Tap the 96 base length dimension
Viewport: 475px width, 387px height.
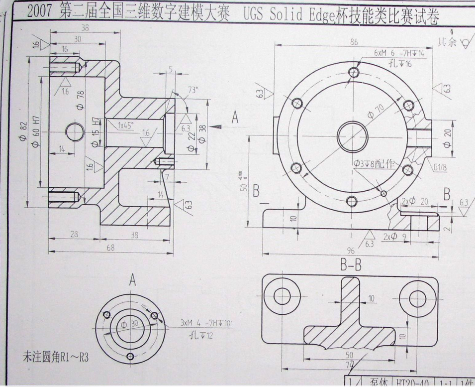point(353,250)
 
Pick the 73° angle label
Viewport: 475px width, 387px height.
point(192,90)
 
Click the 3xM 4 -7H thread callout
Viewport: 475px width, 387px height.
point(206,323)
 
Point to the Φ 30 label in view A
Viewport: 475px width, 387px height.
point(132,324)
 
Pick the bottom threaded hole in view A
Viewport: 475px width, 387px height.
point(130,355)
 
